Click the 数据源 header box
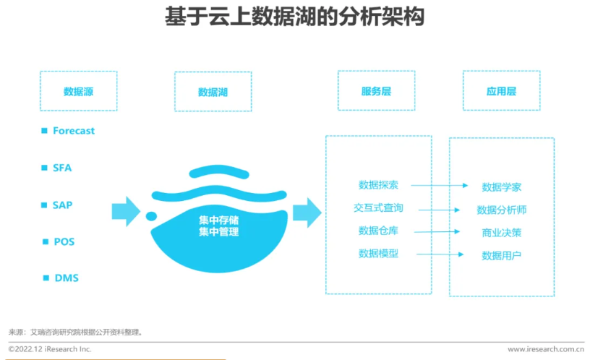[78, 91]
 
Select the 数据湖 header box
[213, 92]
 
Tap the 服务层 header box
[376, 91]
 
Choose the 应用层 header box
[501, 91]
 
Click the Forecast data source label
[74, 131]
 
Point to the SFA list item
[62, 168]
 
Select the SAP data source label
[62, 205]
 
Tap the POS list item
[64, 241]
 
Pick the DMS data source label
[66, 278]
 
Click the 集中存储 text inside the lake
[218, 220]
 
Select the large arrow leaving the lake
[307, 211]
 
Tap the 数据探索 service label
[378, 185]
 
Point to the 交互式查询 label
[378, 207]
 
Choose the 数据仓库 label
[378, 231]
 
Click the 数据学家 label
[502, 187]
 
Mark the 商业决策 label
[502, 233]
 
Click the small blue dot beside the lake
[151, 215]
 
